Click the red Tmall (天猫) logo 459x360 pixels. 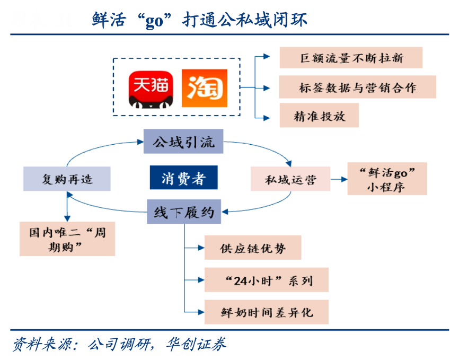coord(150,88)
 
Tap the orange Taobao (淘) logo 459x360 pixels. coord(204,88)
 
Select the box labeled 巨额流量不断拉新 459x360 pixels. coord(351,58)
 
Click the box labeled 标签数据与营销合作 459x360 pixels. coord(357,87)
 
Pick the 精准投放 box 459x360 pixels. coord(319,116)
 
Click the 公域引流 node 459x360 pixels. coord(183,143)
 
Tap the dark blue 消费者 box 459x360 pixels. coord(183,178)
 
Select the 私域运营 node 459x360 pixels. coord(290,179)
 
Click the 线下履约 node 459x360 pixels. coord(184,212)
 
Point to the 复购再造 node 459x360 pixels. coord(67,179)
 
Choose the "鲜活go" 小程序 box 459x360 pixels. coord(387,179)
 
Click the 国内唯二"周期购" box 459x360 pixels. coord(67,239)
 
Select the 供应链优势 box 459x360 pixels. coord(253,248)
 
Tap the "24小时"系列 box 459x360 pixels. coord(266,280)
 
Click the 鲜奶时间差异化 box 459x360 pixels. coord(266,312)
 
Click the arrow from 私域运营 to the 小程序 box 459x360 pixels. coord(339,179)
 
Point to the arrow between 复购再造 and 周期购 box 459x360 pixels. coord(67,207)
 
